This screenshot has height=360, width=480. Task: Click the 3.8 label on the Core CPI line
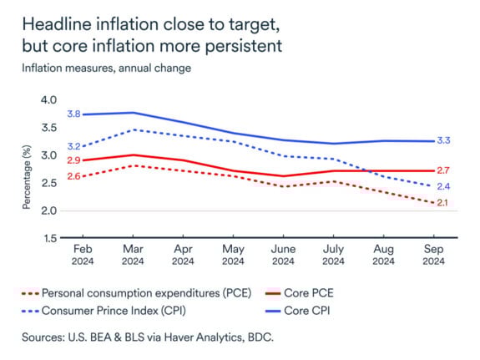coord(73,114)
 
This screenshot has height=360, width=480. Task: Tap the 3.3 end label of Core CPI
coord(444,141)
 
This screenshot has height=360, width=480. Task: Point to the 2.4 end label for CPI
coord(444,186)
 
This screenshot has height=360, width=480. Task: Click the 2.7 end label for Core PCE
coord(444,170)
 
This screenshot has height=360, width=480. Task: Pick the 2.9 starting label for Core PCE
coord(73,160)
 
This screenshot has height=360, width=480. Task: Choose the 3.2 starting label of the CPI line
coord(73,146)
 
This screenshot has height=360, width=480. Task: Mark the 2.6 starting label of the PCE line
coord(73,176)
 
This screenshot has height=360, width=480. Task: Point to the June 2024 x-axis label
coord(284,256)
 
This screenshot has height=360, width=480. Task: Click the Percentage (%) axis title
coord(26,170)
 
